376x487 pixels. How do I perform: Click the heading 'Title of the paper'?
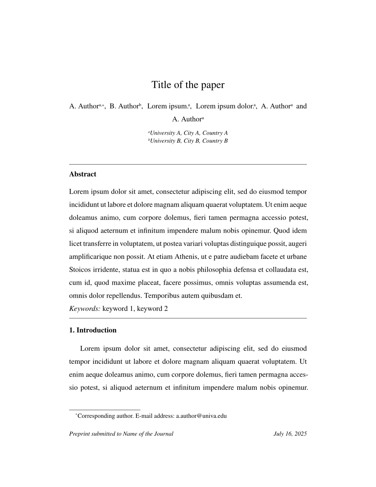pos(188,85)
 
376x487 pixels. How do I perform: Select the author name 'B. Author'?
pos(124,106)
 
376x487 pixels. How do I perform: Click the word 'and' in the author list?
pos(301,106)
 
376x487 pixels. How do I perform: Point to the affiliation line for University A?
pos(188,133)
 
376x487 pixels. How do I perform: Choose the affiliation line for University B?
pos(188,141)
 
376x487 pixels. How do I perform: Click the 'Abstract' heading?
pos(83,174)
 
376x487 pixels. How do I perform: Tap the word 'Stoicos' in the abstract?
pos(79,270)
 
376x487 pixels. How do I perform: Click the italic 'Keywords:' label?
pos(84,309)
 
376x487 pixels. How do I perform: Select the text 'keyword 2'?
pos(152,309)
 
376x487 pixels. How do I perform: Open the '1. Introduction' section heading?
pos(93,330)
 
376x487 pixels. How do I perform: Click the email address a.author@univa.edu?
pos(201,416)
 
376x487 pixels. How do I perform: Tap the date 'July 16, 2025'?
pos(290,434)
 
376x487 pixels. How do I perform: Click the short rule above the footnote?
pos(104,410)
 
